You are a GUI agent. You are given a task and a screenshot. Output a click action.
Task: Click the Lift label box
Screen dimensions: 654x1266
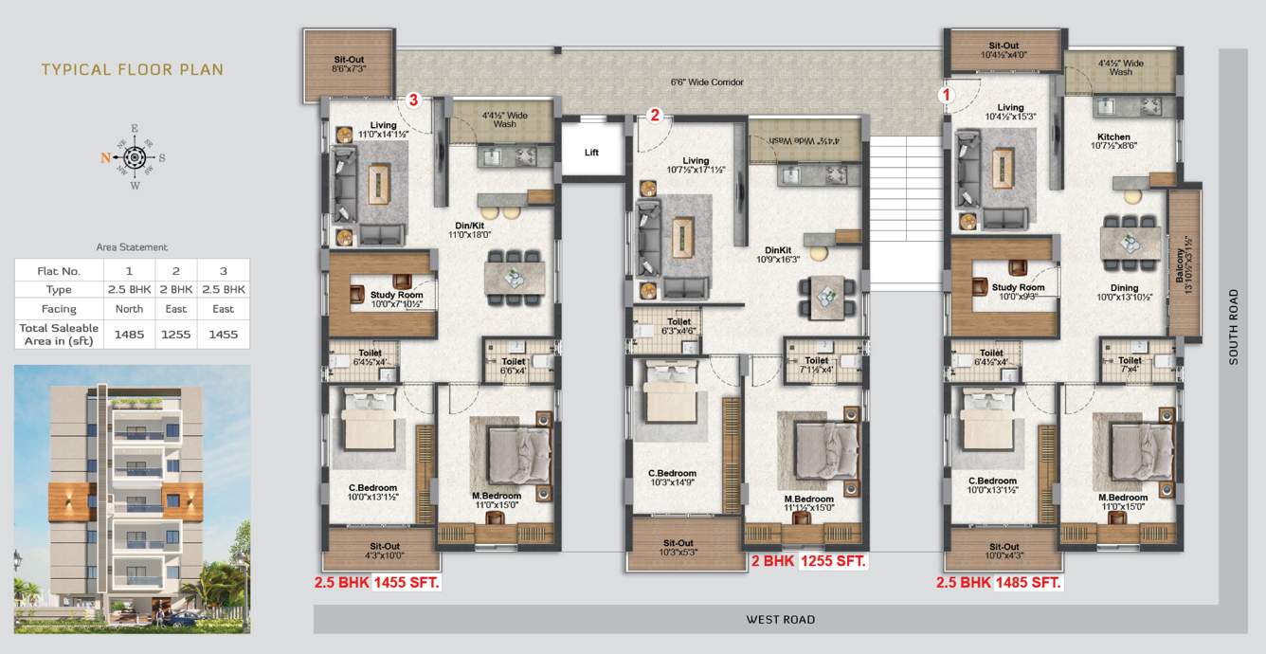591,152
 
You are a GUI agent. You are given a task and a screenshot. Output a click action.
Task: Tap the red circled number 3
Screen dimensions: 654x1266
412,100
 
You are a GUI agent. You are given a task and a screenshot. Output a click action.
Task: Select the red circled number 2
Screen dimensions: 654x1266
655,116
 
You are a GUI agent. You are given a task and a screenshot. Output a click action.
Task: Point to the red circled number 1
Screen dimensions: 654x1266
947,95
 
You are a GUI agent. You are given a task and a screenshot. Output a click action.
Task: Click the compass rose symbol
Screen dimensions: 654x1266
135,157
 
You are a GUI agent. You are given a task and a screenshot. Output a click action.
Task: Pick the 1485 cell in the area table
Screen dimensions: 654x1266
130,334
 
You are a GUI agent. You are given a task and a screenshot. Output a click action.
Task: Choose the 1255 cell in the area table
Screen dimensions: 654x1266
176,334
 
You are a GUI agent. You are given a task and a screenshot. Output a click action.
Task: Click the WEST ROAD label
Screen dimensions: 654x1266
780,620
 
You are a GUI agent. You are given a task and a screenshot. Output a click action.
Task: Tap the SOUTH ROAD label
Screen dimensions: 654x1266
1233,327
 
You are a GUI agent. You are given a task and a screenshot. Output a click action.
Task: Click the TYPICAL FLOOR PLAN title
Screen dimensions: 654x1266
133,69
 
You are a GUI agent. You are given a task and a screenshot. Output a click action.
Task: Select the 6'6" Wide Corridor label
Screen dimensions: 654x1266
707,82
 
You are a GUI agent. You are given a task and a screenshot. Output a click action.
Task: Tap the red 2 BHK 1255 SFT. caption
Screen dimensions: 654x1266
808,561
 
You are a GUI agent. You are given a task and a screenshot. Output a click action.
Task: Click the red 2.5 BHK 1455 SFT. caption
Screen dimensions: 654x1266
377,583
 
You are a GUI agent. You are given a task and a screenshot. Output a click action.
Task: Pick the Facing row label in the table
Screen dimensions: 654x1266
59,309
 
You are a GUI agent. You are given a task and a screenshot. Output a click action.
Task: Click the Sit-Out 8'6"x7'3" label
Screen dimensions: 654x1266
349,64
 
